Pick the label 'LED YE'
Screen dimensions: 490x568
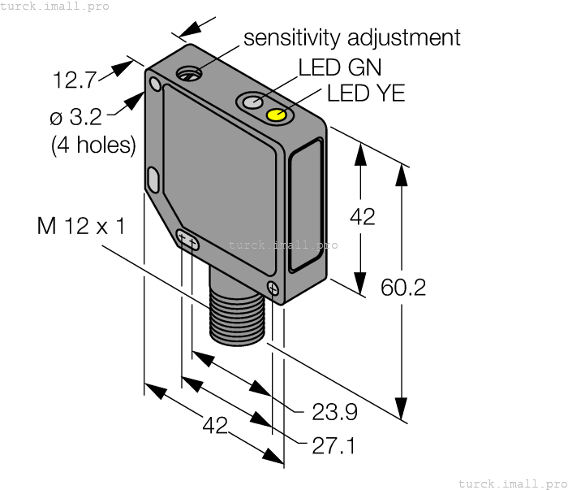366,93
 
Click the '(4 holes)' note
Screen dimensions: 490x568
93,145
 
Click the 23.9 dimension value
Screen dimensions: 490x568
334,413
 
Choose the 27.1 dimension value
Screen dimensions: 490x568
334,445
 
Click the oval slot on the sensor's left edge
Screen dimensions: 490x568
153,179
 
